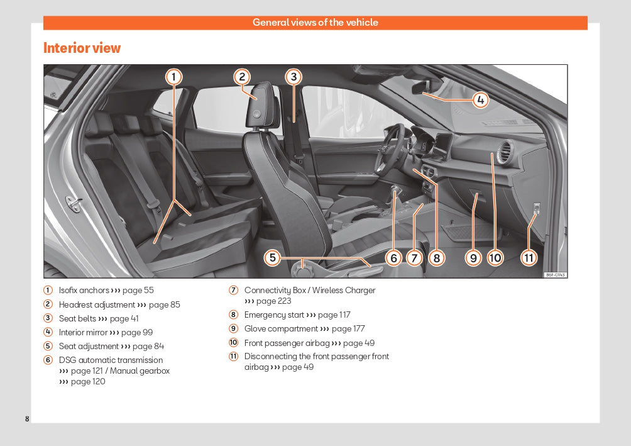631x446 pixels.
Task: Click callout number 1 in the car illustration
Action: coord(174,77)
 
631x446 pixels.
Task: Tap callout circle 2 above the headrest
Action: coord(242,77)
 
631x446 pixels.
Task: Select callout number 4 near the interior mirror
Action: coord(480,99)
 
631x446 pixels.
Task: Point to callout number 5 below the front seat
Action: coord(272,257)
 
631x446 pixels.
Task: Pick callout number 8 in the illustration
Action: coord(436,257)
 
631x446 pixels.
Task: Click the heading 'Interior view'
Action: coord(82,48)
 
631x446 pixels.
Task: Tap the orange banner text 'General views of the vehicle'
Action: coord(315,23)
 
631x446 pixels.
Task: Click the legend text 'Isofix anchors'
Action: coord(84,291)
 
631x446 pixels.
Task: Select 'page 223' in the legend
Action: coord(274,301)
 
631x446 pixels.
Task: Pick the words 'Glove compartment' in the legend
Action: coord(281,329)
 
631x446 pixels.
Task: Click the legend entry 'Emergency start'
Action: coord(274,315)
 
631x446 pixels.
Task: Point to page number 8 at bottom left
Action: coord(27,419)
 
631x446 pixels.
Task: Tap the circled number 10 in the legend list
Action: coord(233,343)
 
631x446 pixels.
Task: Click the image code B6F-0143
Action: coord(556,275)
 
